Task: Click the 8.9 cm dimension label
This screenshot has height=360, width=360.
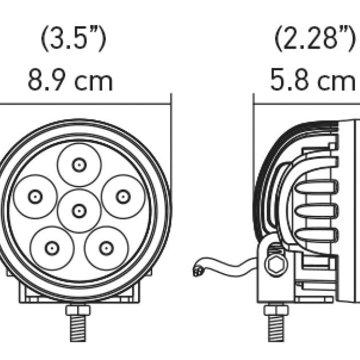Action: tap(70, 81)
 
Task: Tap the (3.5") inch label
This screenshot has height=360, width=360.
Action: tap(74, 39)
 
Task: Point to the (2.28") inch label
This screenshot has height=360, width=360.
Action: tap(314, 39)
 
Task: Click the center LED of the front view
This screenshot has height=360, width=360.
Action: tap(79, 210)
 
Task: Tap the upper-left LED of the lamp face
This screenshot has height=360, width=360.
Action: tap(35, 196)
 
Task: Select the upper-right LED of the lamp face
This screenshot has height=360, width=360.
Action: tap(122, 196)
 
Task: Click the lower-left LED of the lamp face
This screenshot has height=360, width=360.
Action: tap(52, 248)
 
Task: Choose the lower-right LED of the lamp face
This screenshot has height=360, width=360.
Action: tap(106, 248)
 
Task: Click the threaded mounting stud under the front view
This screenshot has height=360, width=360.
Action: tap(78, 338)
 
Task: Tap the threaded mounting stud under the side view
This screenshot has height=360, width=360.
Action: tap(276, 338)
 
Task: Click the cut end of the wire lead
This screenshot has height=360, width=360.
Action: tap(197, 270)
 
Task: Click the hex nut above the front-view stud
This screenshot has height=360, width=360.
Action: tap(78, 310)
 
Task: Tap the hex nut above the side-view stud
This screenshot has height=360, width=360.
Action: tap(276, 310)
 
